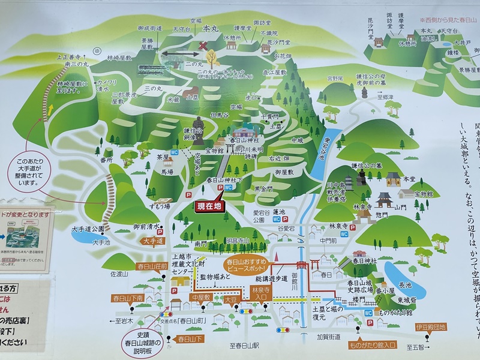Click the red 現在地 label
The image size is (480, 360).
coord(209,206)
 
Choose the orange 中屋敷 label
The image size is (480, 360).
coord(201,296)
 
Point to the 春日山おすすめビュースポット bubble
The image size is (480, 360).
coord(248,266)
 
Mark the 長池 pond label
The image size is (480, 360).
coord(406,285)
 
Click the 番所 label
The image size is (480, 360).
coord(107,161)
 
